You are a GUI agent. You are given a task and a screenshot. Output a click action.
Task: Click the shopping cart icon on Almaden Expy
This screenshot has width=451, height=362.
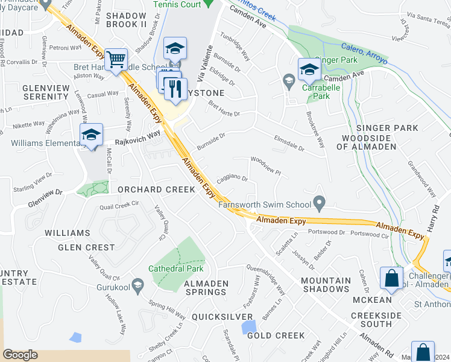point(116,60)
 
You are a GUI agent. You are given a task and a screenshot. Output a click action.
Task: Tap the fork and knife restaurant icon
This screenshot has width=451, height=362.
point(175,89)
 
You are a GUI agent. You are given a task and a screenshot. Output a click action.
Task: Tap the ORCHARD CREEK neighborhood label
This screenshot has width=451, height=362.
point(156,189)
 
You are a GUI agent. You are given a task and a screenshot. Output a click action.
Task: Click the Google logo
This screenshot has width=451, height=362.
point(20,354)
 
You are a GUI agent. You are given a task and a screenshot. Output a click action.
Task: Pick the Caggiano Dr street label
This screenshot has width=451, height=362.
point(232,179)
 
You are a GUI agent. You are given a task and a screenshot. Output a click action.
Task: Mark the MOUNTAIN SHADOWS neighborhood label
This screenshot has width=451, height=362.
point(326,285)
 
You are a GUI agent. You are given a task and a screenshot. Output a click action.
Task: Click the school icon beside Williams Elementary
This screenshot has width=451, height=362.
point(91,135)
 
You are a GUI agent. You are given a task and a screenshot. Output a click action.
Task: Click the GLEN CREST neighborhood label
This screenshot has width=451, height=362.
point(86,247)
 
